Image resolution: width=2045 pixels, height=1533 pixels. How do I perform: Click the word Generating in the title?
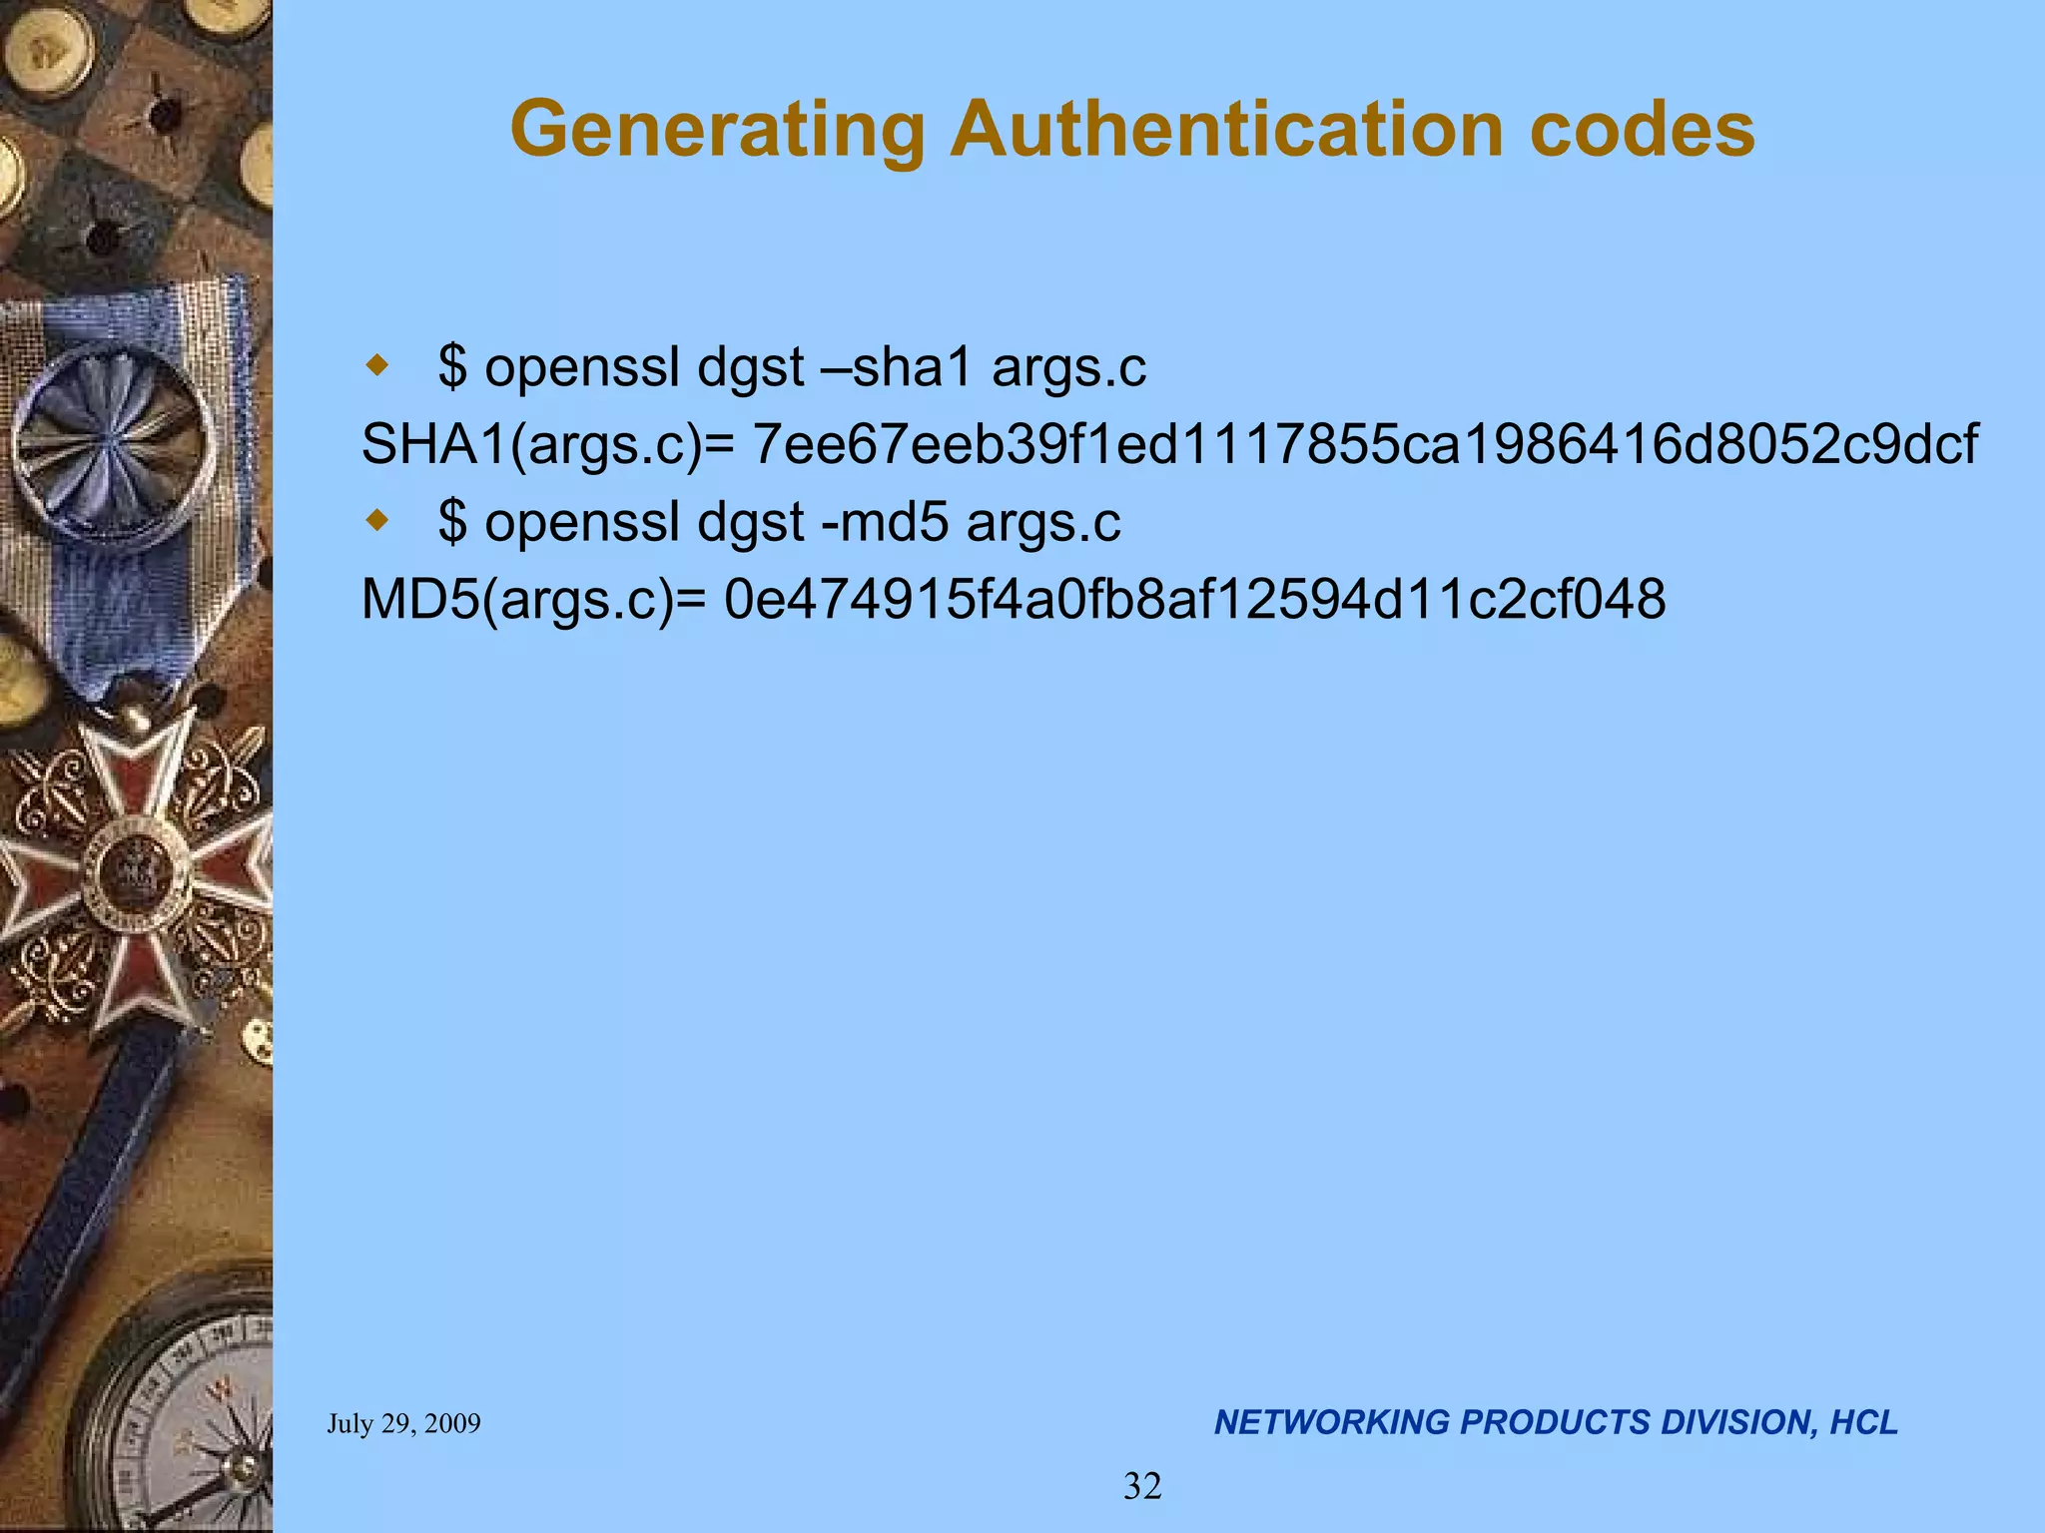[718, 131]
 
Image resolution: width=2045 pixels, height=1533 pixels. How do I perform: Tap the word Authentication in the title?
[1226, 129]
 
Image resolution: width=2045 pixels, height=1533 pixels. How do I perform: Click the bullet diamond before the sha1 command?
[376, 365]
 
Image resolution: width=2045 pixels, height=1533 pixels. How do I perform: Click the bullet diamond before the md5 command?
[376, 520]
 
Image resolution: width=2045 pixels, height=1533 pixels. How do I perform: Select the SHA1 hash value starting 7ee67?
[1365, 444]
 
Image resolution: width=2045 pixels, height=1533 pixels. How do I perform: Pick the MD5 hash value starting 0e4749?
[1194, 599]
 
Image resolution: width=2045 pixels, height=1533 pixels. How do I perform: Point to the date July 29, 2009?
[403, 1423]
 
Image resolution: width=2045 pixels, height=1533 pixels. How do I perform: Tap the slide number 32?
[1142, 1486]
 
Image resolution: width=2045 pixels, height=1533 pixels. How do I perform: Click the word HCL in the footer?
[1863, 1422]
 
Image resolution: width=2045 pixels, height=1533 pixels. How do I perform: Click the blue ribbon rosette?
[113, 439]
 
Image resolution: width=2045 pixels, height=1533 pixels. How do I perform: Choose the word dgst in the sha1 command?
[750, 367]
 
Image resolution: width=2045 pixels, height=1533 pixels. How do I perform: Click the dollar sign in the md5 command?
[452, 521]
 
